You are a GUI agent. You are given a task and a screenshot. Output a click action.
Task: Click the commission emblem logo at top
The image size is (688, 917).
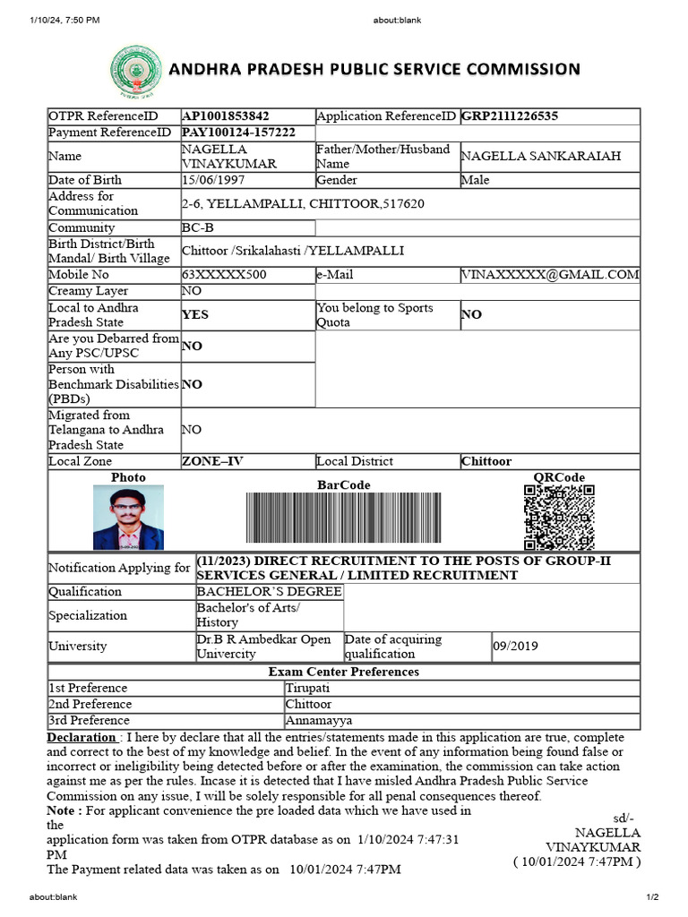[x=132, y=71]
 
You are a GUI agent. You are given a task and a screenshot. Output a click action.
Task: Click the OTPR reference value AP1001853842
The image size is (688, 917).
[x=226, y=116]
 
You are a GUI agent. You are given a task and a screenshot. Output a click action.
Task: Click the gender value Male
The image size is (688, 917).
[x=476, y=180]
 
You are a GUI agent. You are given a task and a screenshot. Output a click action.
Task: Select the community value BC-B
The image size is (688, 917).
[x=197, y=227]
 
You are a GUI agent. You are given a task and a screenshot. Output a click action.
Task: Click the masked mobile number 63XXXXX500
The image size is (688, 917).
[x=223, y=275]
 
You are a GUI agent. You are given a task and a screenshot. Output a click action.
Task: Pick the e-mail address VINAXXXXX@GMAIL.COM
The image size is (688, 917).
[x=550, y=275]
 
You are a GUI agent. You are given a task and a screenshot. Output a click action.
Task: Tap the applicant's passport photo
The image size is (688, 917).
[x=128, y=518]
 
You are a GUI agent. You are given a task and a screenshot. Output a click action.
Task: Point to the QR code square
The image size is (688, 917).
[x=559, y=517]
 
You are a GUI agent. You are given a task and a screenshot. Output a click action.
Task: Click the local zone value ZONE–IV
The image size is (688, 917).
[x=212, y=461]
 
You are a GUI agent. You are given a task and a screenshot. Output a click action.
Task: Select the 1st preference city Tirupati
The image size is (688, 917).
[x=307, y=688]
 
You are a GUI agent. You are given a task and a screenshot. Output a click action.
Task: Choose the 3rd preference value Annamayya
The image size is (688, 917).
[x=318, y=720]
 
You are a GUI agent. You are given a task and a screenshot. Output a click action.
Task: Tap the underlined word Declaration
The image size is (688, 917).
[x=81, y=737]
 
